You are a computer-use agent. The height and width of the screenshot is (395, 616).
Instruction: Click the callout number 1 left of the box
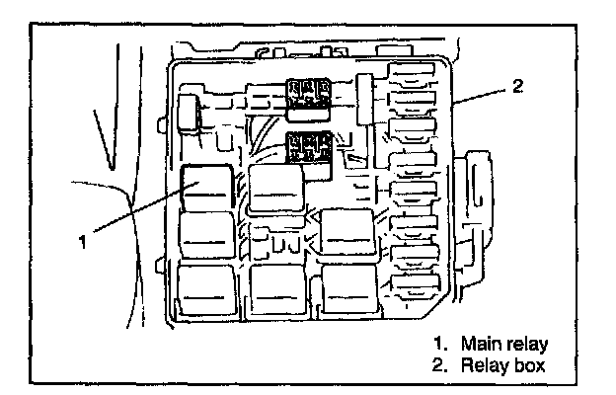pyautogui.click(x=85, y=240)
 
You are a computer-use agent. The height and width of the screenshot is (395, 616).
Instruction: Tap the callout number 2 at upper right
pyautogui.click(x=517, y=86)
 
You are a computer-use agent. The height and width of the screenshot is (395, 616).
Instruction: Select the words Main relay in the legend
pyautogui.click(x=509, y=344)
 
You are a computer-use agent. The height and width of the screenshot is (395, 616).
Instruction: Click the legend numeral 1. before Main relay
pyautogui.click(x=440, y=344)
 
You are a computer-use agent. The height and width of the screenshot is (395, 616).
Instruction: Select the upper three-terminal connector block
pyautogui.click(x=307, y=95)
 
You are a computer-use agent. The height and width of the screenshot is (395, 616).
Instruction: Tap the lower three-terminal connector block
pyautogui.click(x=307, y=149)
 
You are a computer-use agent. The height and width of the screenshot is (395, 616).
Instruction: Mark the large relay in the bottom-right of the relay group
pyautogui.click(x=349, y=287)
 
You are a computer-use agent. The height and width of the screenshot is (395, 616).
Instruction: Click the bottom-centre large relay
pyautogui.click(x=277, y=287)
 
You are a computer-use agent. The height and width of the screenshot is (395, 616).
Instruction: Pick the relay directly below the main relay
pyautogui.click(x=205, y=237)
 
